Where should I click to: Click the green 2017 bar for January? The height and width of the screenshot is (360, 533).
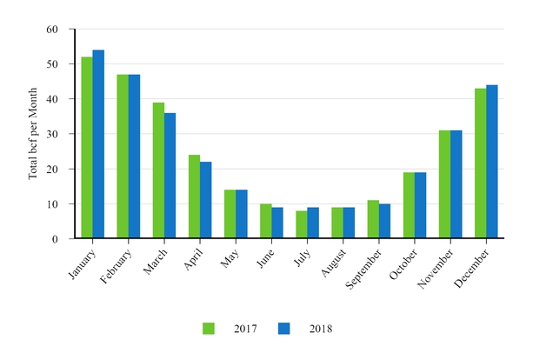(87, 148)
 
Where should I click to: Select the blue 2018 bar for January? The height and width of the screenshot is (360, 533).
(98, 144)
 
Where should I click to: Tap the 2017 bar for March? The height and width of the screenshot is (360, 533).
(158, 170)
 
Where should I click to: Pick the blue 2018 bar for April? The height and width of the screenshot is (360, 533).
(205, 200)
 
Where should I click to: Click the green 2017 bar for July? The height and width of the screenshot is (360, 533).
(302, 224)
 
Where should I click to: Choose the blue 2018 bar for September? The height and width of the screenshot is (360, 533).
(384, 221)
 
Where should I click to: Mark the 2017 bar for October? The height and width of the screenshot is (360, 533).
(409, 205)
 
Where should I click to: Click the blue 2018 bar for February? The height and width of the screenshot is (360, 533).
(134, 157)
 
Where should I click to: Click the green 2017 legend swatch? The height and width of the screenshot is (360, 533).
(209, 329)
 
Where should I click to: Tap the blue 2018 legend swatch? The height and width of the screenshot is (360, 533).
(283, 329)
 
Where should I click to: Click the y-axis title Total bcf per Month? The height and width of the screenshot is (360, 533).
(33, 134)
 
